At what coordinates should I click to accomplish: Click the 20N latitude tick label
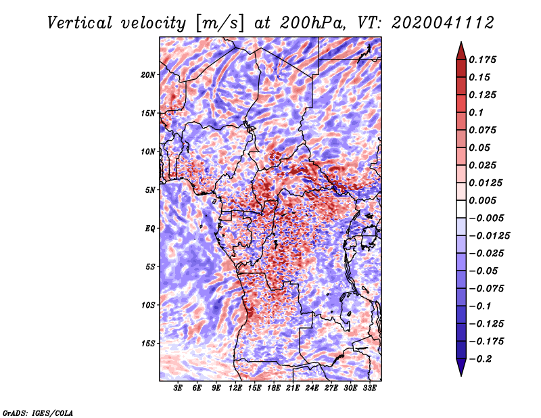click(x=148, y=75)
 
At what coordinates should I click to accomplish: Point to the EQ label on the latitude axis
click(x=150, y=229)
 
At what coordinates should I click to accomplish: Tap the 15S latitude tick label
click(x=148, y=344)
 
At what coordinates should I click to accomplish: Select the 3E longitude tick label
click(x=178, y=388)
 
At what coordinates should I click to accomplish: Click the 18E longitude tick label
click(x=274, y=388)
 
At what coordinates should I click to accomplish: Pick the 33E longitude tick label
click(x=369, y=388)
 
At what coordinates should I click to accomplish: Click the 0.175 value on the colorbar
click(x=482, y=60)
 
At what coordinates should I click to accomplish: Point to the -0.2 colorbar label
click(x=480, y=359)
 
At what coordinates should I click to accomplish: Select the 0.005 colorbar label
click(x=482, y=200)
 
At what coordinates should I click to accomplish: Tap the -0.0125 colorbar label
click(x=489, y=236)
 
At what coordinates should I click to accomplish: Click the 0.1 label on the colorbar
click(x=476, y=112)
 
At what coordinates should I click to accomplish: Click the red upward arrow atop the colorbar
click(x=461, y=51)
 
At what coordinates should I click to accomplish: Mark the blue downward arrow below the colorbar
click(x=461, y=367)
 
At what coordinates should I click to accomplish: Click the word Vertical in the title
click(x=80, y=23)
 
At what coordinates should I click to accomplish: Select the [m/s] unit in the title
click(x=220, y=23)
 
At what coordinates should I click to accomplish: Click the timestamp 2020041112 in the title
click(x=443, y=23)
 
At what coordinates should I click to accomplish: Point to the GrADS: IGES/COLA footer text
click(x=38, y=413)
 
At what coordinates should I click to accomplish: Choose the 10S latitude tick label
click(x=148, y=305)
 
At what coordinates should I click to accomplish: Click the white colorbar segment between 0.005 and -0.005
click(x=461, y=209)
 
